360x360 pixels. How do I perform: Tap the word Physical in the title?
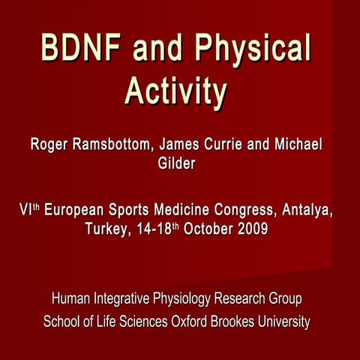point(254,50)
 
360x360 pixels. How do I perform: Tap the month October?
point(202,228)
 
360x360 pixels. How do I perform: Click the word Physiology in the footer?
point(178,300)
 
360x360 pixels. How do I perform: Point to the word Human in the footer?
point(70,300)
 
